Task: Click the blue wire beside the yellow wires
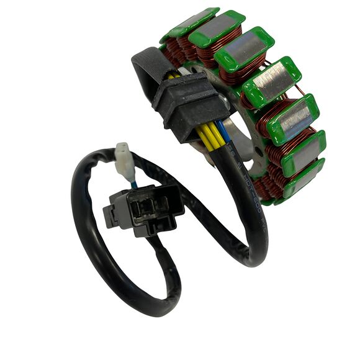220,131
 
